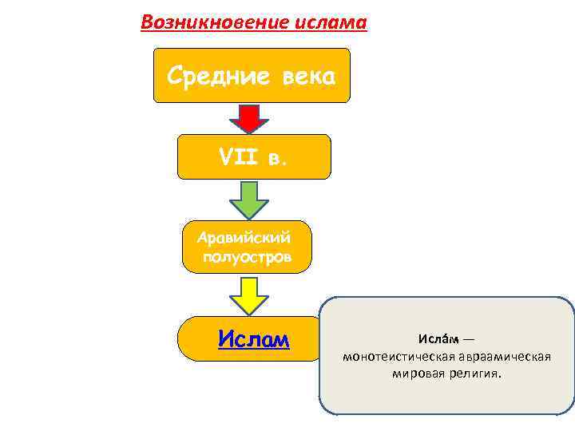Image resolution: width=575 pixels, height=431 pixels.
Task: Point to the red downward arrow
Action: pos(249,118)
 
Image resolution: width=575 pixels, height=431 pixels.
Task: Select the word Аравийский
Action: pos(245,237)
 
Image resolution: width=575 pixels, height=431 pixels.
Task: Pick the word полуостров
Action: pos(247,256)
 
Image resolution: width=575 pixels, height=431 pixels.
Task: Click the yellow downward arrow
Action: pos(249,295)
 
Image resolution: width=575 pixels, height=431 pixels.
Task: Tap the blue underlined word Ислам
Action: pos(254,339)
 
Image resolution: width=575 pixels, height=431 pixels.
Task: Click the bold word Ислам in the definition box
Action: pos(435,339)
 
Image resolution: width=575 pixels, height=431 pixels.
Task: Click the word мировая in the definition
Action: pos(416,372)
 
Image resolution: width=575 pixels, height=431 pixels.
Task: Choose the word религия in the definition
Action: pos(474,372)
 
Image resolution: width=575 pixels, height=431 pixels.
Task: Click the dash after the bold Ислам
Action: pos(469,339)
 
